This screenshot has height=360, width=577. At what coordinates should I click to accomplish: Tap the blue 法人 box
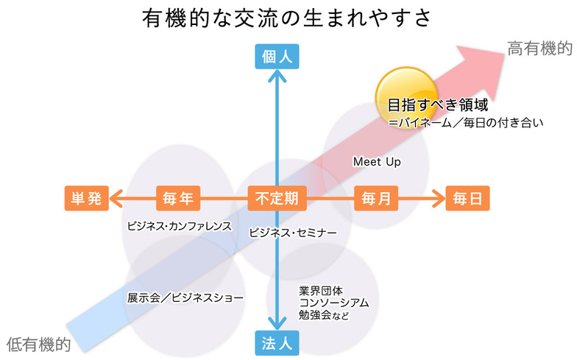click(277, 342)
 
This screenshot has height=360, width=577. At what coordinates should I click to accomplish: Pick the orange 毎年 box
click(178, 198)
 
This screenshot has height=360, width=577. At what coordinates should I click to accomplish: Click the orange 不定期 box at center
click(277, 198)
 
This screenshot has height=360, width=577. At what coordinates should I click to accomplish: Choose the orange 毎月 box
click(377, 198)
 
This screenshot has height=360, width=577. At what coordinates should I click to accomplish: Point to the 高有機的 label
click(539, 49)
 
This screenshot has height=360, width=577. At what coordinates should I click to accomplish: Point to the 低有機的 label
click(38, 343)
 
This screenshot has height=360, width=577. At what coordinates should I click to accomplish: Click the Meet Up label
click(377, 161)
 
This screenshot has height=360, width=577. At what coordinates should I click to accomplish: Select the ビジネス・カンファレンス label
click(180, 226)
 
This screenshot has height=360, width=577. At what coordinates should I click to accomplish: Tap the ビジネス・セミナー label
click(293, 233)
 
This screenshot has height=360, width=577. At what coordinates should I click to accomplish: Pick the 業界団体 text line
click(322, 289)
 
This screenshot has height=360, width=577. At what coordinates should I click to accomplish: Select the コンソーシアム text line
click(334, 303)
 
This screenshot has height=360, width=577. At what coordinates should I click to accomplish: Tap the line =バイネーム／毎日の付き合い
click(466, 123)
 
